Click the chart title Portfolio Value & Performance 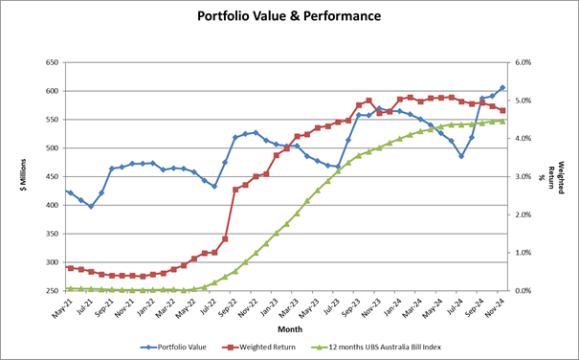288,16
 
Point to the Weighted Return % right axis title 562,176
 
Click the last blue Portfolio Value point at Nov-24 502,88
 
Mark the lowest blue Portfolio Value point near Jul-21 91,206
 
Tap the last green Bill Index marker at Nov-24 502,121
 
